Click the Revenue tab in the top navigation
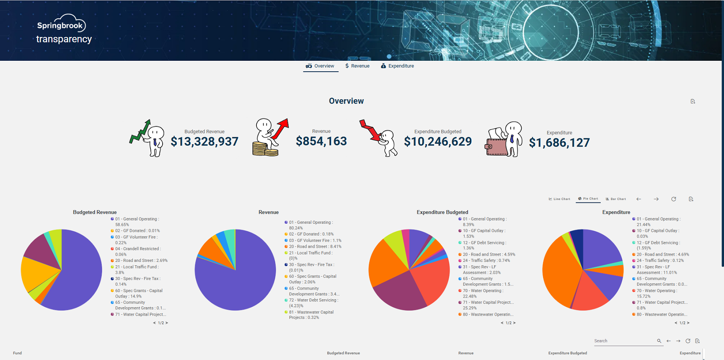(x=357, y=66)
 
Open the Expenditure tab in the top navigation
(x=397, y=66)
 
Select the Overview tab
(x=320, y=66)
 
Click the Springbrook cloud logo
(x=61, y=23)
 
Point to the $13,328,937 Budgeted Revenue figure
(x=204, y=142)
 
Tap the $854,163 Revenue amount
(x=321, y=141)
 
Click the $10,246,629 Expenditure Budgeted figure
(x=438, y=142)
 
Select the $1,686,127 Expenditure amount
(x=559, y=143)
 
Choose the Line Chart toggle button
(x=559, y=199)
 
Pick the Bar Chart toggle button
(x=616, y=199)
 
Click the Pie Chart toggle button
(x=588, y=199)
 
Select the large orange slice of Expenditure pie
(x=559, y=272)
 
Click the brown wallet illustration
(x=496, y=142)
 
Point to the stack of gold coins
(x=265, y=149)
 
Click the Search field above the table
(x=624, y=341)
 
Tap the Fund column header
(x=17, y=353)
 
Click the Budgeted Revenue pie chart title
(x=95, y=212)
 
